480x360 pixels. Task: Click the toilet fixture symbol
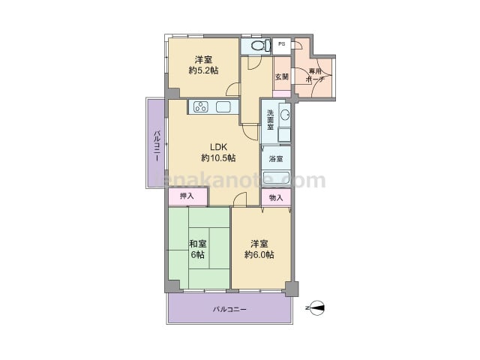click(x=261, y=46)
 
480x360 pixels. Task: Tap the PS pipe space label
click(x=282, y=43)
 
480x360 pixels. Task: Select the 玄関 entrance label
click(x=282, y=76)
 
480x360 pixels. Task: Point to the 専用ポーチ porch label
click(x=315, y=75)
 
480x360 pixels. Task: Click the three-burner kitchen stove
click(x=201, y=106)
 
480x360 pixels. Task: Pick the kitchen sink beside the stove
click(x=223, y=106)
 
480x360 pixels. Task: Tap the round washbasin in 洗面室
click(x=285, y=115)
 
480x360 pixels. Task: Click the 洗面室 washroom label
click(x=270, y=119)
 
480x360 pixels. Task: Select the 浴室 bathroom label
click(x=276, y=159)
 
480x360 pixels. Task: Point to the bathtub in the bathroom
click(x=276, y=178)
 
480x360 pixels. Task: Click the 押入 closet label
click(x=187, y=196)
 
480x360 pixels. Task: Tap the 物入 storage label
click(x=276, y=198)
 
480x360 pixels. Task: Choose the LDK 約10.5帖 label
click(x=218, y=152)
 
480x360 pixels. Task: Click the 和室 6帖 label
click(x=198, y=249)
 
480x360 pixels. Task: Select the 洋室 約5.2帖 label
click(x=203, y=64)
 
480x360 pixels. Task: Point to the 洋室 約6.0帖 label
click(x=259, y=249)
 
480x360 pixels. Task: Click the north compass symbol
click(x=317, y=308)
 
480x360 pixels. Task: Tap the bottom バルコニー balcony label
click(x=229, y=309)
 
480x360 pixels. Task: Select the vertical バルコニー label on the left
click(x=157, y=145)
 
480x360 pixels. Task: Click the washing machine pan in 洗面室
click(x=284, y=135)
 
